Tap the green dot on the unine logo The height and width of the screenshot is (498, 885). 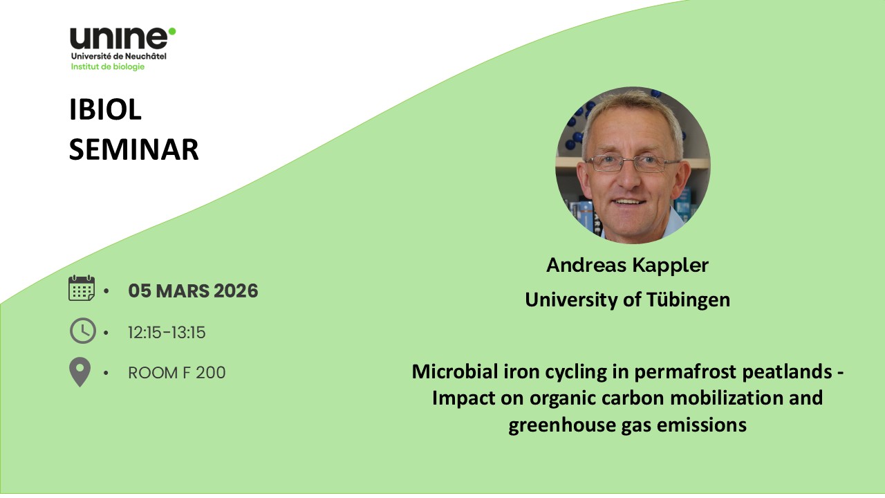172,31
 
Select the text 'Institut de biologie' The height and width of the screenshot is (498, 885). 108,67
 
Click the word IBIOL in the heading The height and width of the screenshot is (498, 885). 105,109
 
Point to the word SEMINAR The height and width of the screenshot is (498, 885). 134,149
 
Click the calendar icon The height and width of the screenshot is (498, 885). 82,288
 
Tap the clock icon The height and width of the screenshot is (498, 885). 82,331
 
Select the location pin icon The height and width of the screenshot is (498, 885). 80,372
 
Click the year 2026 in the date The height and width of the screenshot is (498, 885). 236,291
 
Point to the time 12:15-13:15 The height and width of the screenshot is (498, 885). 167,333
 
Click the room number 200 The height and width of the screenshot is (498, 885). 211,373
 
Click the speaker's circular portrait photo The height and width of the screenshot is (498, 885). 633,165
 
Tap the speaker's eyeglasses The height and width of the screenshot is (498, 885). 633,163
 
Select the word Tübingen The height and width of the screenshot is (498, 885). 688,300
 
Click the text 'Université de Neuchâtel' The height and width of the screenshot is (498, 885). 118,56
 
